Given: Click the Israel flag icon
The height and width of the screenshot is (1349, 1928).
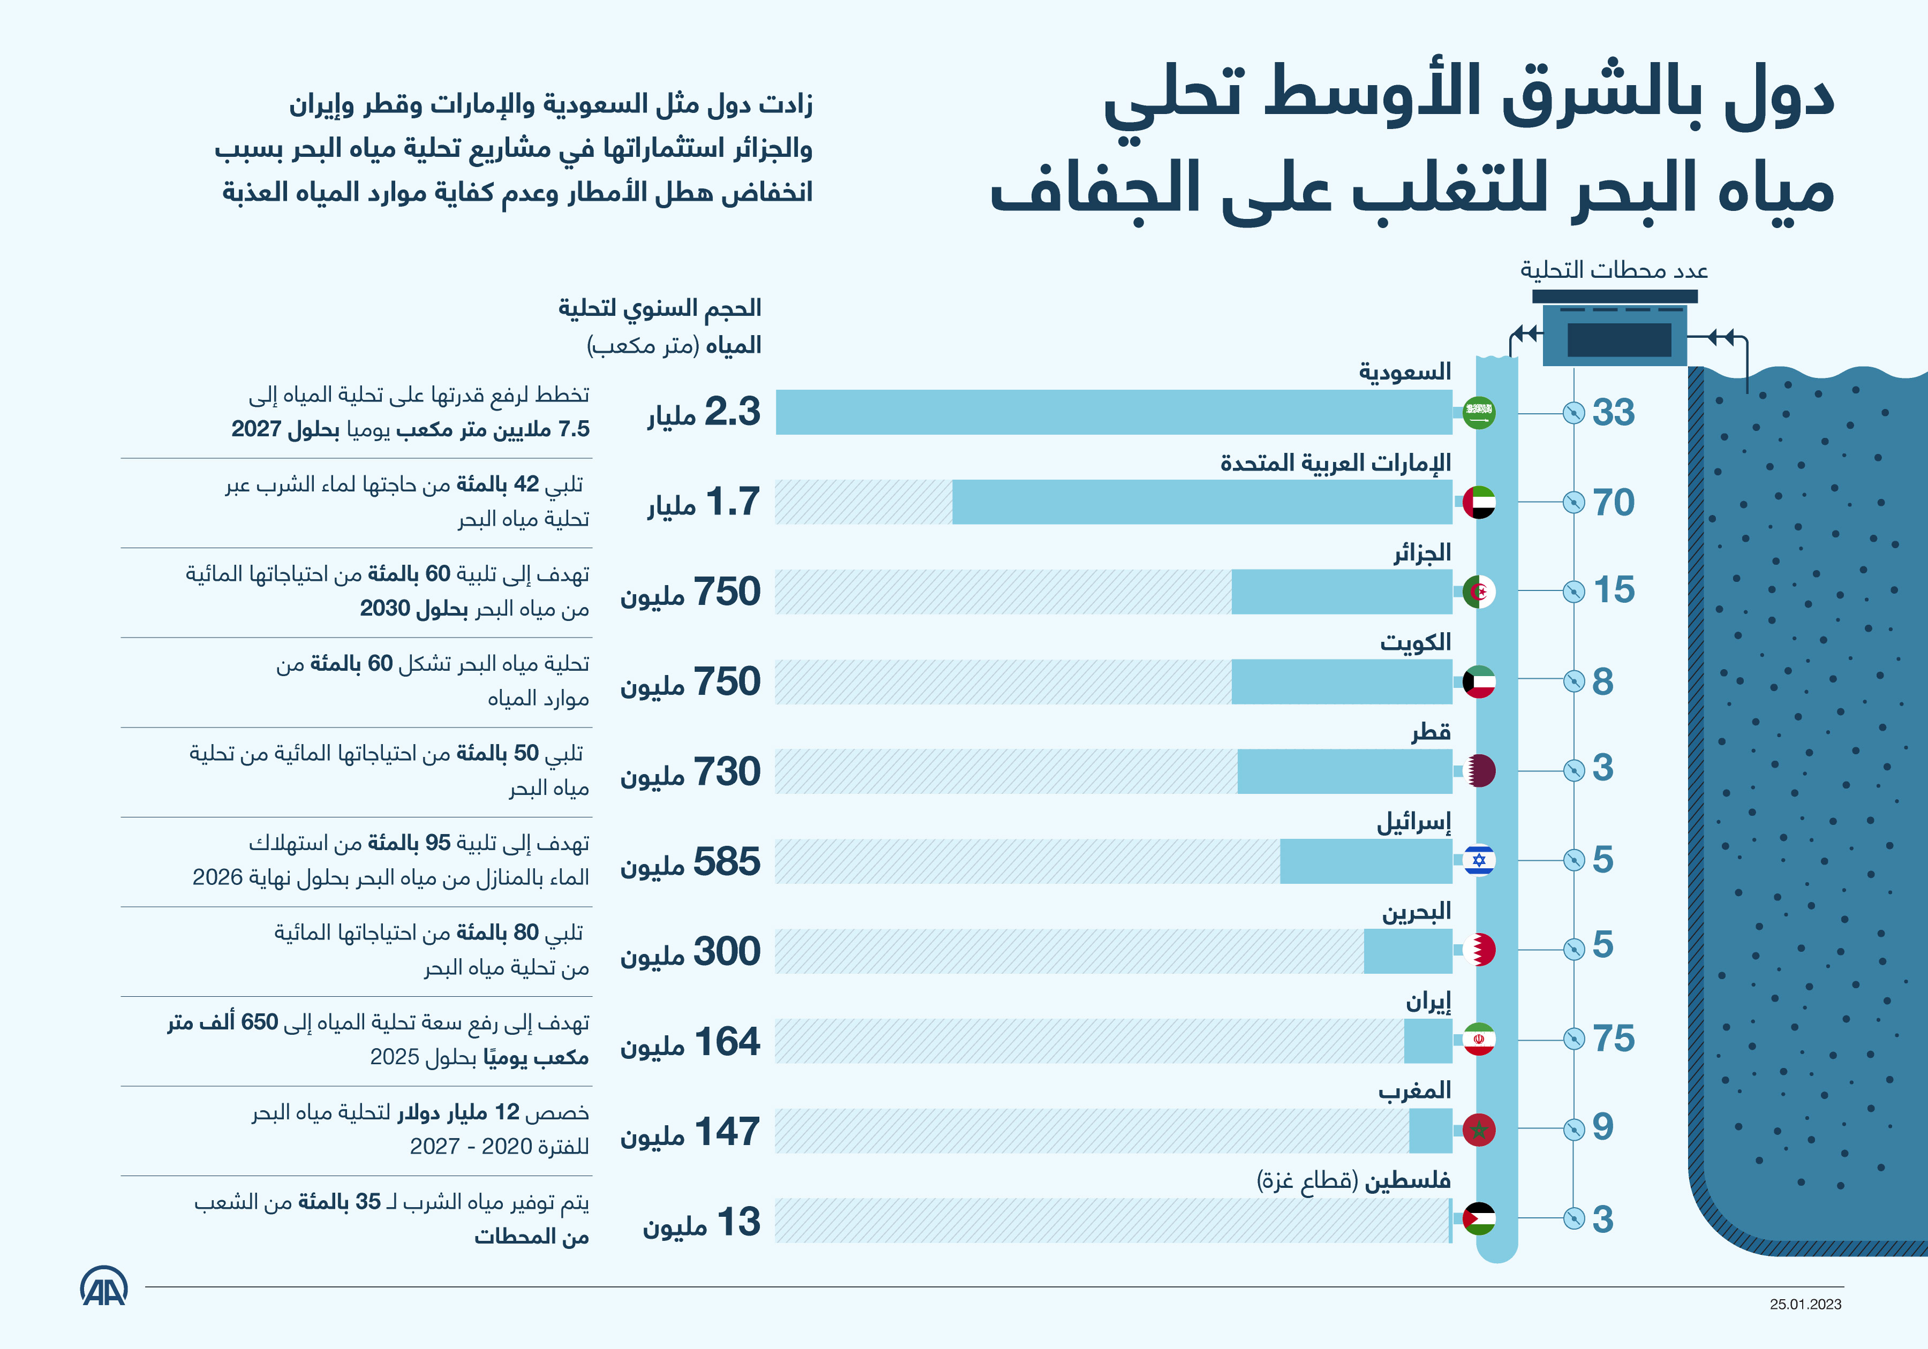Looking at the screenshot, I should [1479, 860].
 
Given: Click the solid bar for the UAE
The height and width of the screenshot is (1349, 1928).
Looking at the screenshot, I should [1201, 502].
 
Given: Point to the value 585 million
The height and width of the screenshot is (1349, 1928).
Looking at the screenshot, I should [690, 862].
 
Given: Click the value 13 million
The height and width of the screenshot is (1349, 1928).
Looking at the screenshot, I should [701, 1222].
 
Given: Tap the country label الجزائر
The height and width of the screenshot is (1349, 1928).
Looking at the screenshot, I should [1423, 553].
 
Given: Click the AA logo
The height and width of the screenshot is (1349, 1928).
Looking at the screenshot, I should [104, 1286].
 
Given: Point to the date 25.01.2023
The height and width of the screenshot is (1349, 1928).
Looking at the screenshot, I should [1805, 1303].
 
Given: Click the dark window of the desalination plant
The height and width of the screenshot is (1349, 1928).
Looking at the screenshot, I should [1619, 340].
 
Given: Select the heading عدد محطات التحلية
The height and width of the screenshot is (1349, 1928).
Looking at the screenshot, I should [1614, 270].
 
